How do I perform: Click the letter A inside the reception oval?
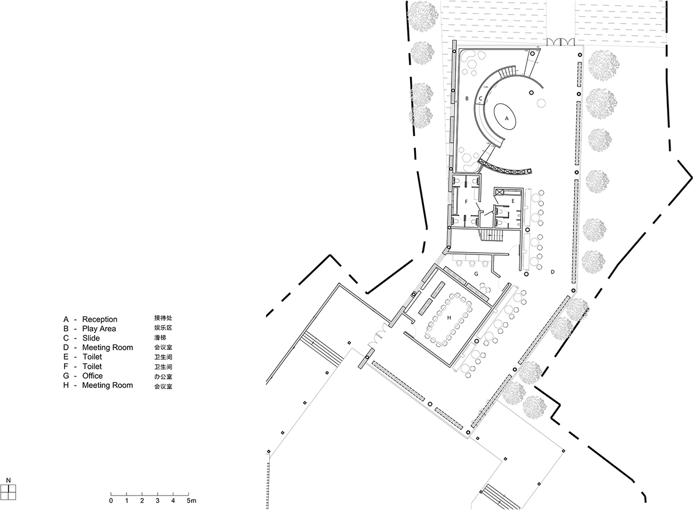(507, 117)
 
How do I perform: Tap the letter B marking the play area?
(467, 99)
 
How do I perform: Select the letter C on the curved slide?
(480, 99)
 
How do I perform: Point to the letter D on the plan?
(552, 271)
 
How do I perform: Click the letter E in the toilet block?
(512, 201)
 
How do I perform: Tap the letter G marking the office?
(476, 272)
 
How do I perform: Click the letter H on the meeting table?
(449, 317)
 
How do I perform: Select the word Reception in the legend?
(99, 319)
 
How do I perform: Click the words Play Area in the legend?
(99, 328)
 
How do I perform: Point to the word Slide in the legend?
(91, 338)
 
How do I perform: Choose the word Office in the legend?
(92, 376)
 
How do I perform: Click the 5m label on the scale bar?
(192, 500)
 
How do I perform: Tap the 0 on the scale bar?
(111, 500)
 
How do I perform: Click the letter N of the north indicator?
(9, 480)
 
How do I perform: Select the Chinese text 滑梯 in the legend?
(159, 338)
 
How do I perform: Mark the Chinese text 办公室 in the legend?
(163, 376)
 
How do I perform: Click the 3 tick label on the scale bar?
(158, 500)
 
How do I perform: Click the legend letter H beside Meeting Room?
(66, 385)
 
